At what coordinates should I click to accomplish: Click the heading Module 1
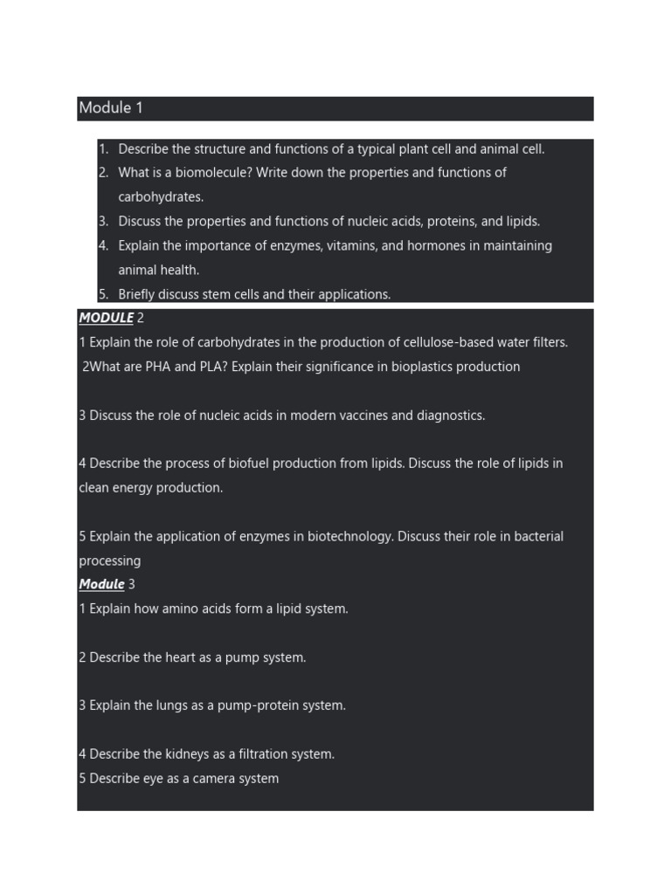coord(111,108)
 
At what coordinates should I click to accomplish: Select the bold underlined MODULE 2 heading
coord(111,318)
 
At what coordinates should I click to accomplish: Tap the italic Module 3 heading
coord(107,584)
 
